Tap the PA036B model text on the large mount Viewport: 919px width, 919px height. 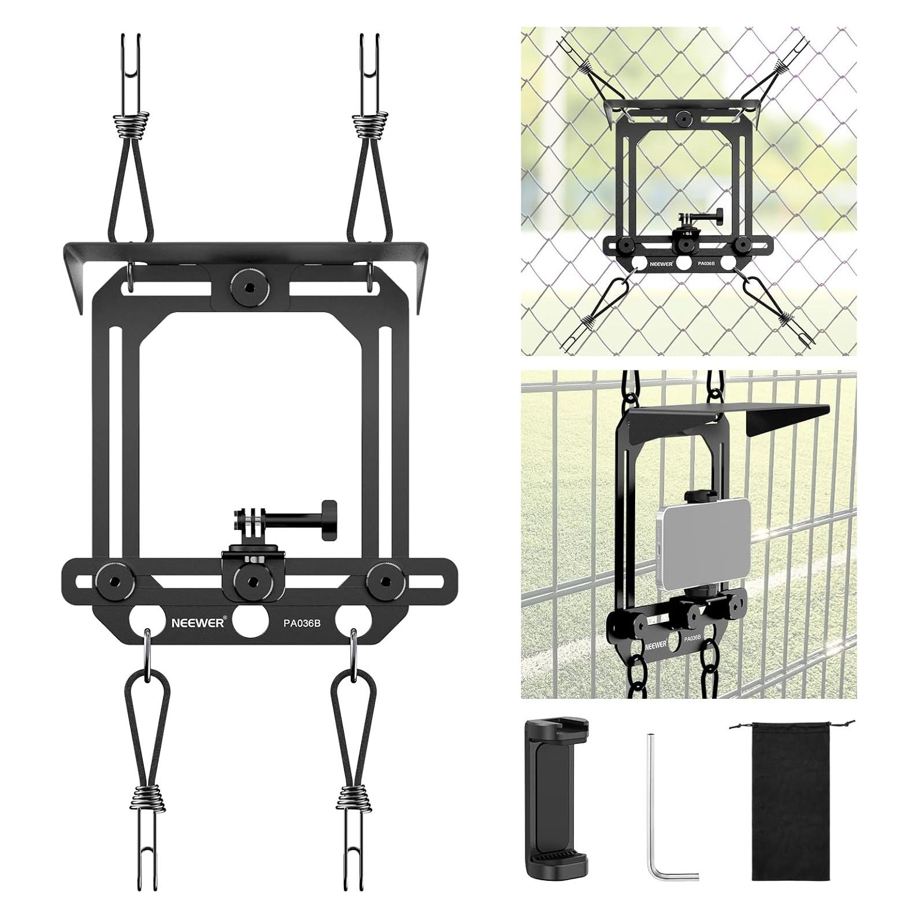click(x=302, y=624)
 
